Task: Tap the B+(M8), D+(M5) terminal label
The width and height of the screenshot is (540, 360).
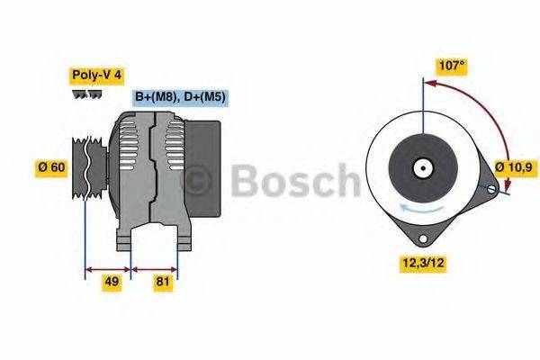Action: click(x=180, y=96)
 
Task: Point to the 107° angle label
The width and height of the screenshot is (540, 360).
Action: click(x=451, y=65)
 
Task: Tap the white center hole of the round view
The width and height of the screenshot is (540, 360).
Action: click(x=421, y=167)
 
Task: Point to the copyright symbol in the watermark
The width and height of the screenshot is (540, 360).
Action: click(x=195, y=181)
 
